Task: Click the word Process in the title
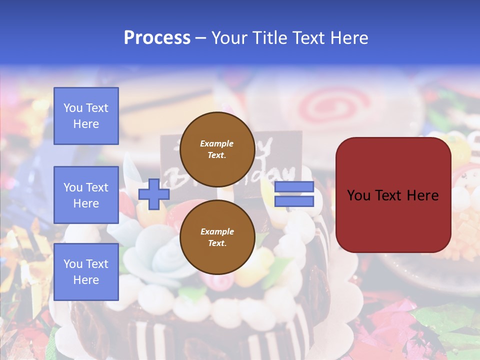157,37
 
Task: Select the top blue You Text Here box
86,116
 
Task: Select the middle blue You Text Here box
86,195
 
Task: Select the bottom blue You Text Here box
86,272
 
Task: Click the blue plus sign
154,194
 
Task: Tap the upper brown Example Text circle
217,149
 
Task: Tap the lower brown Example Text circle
217,237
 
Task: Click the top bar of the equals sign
294,187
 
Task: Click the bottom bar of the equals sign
294,201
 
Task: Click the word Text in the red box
389,195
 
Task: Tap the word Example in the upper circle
217,143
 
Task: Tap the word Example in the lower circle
217,231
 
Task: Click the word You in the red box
358,195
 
